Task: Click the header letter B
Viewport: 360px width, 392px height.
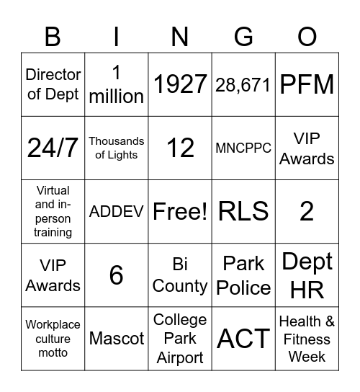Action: click(53, 36)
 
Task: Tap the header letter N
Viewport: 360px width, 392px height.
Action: click(180, 36)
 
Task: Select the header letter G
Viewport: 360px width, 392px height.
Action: click(243, 36)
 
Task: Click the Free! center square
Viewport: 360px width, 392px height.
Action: click(180, 211)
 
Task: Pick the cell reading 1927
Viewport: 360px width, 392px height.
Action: click(180, 84)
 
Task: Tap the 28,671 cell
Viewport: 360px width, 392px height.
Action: click(243, 84)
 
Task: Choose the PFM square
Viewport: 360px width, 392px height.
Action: click(307, 84)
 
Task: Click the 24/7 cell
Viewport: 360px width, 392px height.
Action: click(53, 148)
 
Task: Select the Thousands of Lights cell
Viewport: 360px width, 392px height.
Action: click(117, 148)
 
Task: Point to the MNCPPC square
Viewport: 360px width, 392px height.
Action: click(243, 148)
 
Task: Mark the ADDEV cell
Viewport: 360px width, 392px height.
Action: click(117, 211)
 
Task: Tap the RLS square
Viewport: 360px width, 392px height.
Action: click(243, 211)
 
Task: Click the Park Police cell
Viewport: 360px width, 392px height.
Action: click(243, 275)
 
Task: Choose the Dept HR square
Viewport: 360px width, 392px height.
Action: click(307, 275)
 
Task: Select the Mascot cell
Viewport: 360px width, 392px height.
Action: click(117, 338)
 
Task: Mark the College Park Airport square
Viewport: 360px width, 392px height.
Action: click(180, 338)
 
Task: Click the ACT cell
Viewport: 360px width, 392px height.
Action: click(243, 338)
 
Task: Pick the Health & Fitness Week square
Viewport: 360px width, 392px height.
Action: click(307, 338)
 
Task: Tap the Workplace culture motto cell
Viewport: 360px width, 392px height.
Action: click(53, 338)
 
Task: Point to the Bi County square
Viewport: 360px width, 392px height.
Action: click(180, 275)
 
